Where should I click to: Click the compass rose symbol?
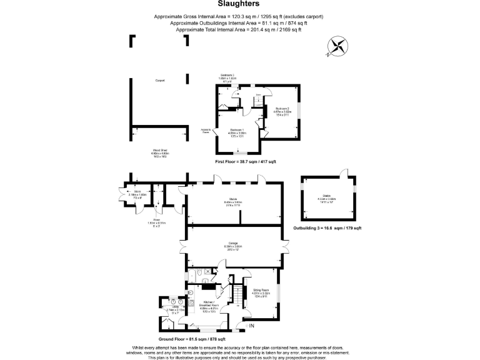click(x=338, y=47)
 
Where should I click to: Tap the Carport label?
click(x=160, y=81)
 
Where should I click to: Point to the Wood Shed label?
click(x=161, y=152)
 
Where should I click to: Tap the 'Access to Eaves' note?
click(x=205, y=131)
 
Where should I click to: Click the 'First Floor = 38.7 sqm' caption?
click(x=246, y=162)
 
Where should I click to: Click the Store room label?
click(x=137, y=194)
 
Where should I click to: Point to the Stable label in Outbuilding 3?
click(x=331, y=198)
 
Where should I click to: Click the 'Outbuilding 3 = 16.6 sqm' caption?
click(x=327, y=228)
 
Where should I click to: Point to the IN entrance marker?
click(x=252, y=326)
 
